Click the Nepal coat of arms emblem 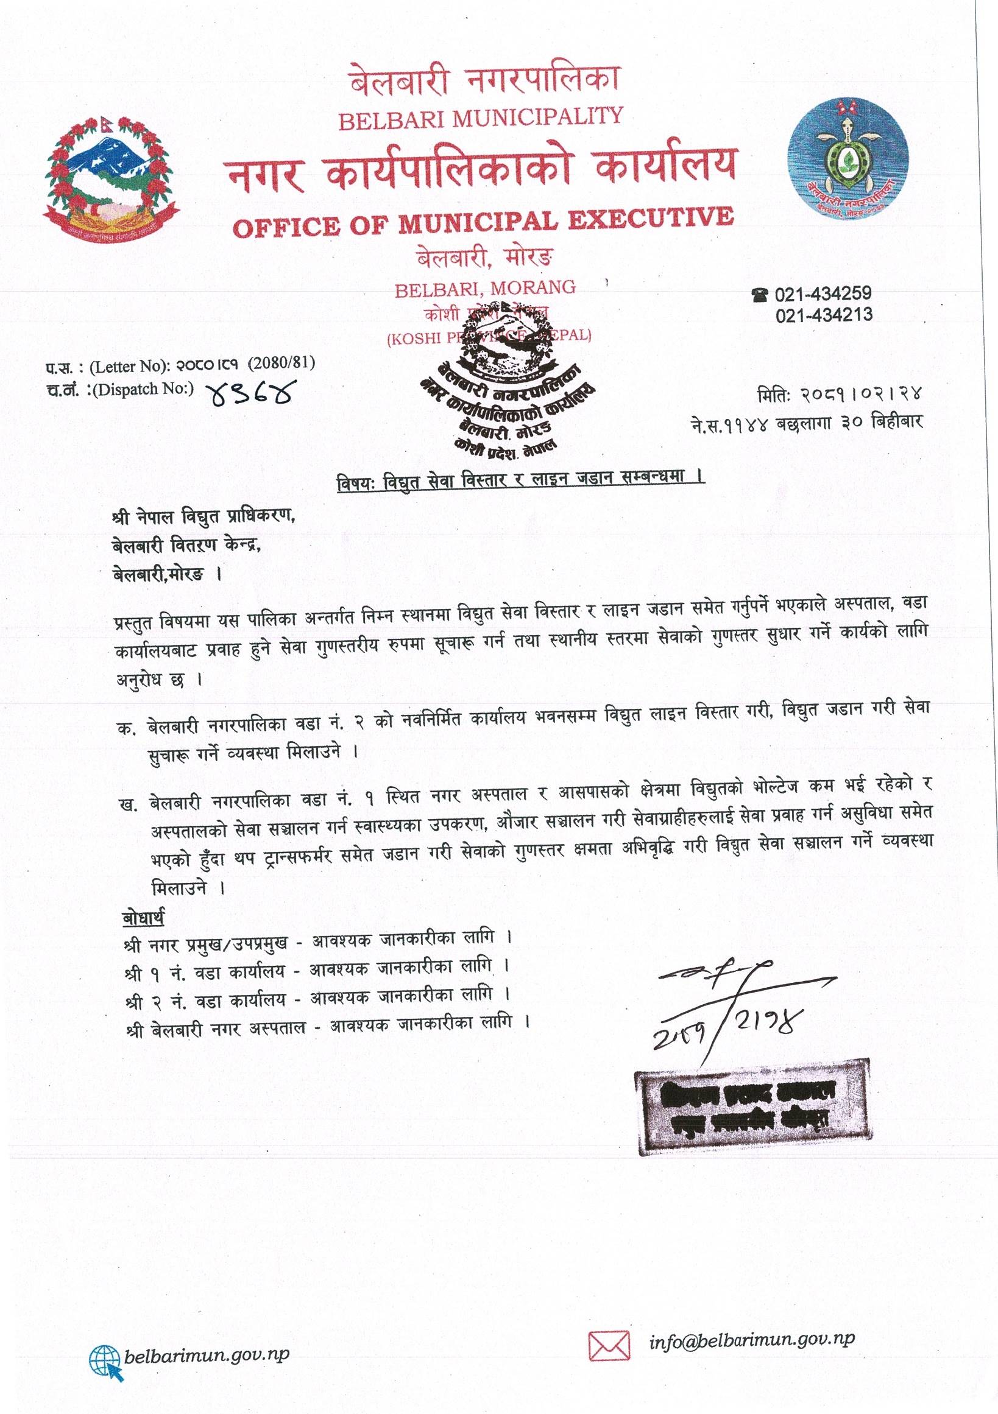point(106,175)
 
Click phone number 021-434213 point(824,315)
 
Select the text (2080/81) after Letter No point(281,364)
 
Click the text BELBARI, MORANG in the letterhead point(485,287)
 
